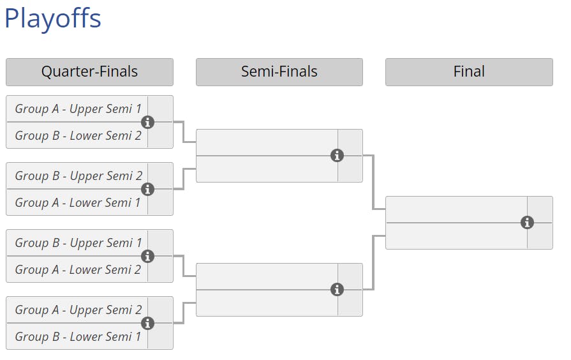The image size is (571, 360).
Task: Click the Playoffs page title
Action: pyautogui.click(x=53, y=19)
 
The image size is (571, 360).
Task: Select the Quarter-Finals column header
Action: pyautogui.click(x=89, y=71)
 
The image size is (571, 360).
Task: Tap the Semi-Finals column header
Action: pyautogui.click(x=279, y=71)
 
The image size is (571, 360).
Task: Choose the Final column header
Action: pyautogui.click(x=469, y=71)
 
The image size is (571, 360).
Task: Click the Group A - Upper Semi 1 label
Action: pyautogui.click(x=78, y=109)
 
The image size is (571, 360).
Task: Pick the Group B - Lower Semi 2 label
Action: pyautogui.click(x=78, y=136)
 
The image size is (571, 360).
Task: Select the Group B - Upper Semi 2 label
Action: pyautogui.click(x=78, y=176)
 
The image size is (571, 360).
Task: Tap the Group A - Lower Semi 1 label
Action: pyautogui.click(x=78, y=203)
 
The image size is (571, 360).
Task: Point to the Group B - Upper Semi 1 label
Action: pyautogui.click(x=78, y=243)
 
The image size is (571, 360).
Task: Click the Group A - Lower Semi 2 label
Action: pyautogui.click(x=78, y=270)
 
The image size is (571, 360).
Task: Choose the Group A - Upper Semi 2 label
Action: pyautogui.click(x=78, y=310)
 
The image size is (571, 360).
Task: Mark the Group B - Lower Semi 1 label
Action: pyautogui.click(x=78, y=337)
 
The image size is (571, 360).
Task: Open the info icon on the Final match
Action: pyautogui.click(x=527, y=223)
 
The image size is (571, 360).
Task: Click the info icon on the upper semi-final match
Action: pyautogui.click(x=337, y=156)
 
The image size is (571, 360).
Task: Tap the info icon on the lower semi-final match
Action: pyautogui.click(x=337, y=290)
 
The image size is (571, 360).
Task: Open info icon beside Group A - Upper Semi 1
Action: pyautogui.click(x=147, y=122)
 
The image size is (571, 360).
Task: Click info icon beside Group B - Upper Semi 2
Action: pyautogui.click(x=147, y=189)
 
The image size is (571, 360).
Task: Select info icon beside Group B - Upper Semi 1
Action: pyautogui.click(x=147, y=256)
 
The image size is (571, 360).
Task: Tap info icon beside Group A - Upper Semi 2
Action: pyautogui.click(x=147, y=323)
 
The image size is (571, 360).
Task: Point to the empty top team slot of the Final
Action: pyautogui.click(x=456, y=209)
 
